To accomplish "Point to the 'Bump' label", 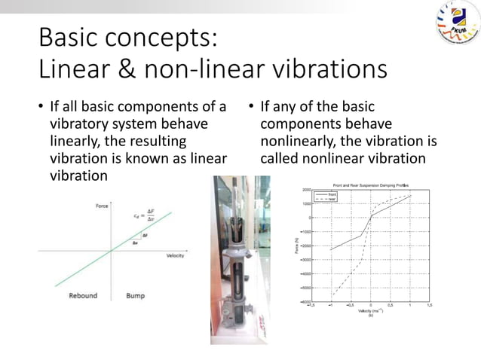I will coord(136,295).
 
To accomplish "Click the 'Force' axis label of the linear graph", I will coord(101,206).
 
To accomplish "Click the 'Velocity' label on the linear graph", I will coord(175,256).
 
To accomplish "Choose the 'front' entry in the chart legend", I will coord(332,194).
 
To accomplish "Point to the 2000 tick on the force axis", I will coord(307,190).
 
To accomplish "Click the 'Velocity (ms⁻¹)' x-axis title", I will coord(370,311).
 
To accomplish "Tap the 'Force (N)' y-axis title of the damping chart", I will coord(297,246).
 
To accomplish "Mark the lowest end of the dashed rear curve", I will coord(331,296).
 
